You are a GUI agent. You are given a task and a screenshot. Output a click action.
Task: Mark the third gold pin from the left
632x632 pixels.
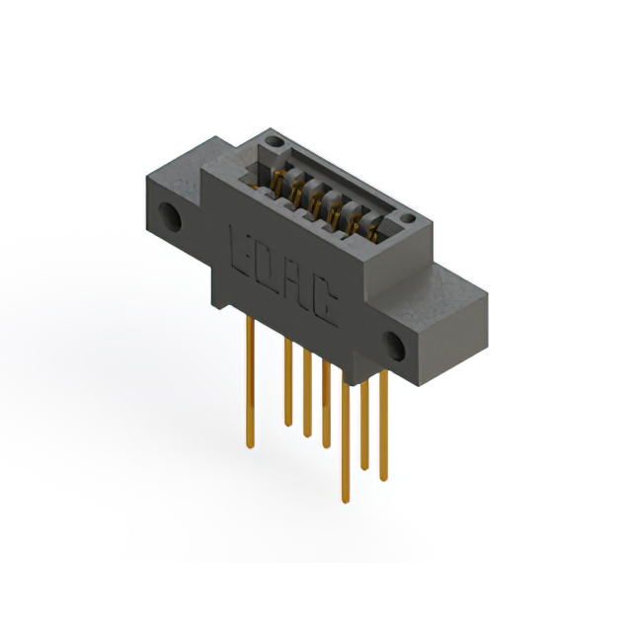[306, 395]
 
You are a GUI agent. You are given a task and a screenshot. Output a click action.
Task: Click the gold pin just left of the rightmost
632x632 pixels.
[365, 425]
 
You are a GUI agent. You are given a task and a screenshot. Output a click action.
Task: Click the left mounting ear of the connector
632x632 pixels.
[170, 202]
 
